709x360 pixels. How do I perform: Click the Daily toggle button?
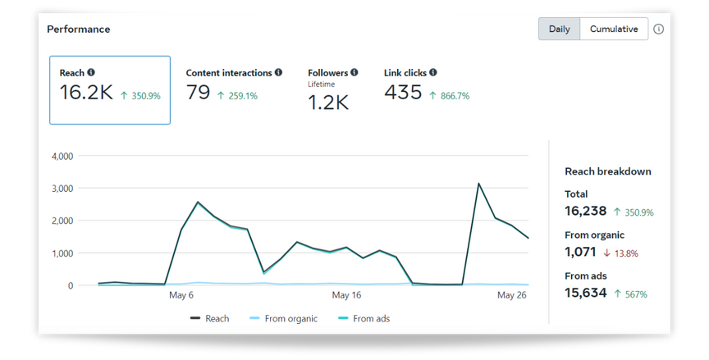559,29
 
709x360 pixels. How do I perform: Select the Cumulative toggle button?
614,29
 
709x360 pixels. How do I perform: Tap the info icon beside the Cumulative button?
658,29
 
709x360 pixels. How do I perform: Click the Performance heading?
79,29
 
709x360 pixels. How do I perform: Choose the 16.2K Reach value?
86,92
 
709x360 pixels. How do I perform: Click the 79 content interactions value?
198,92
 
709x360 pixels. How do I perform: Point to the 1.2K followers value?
328,102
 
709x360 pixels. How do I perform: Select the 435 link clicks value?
403,92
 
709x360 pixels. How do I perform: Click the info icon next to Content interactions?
278,72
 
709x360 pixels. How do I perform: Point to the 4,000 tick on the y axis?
62,157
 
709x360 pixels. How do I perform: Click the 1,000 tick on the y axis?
62,253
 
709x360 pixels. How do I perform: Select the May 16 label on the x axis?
346,295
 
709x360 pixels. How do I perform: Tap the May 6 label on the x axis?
181,295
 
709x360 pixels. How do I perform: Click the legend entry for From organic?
283,318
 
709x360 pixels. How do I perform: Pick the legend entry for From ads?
364,318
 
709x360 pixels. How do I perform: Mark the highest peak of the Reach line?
478,184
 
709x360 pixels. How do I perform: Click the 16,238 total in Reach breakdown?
586,211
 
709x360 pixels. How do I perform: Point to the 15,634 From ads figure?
586,293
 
